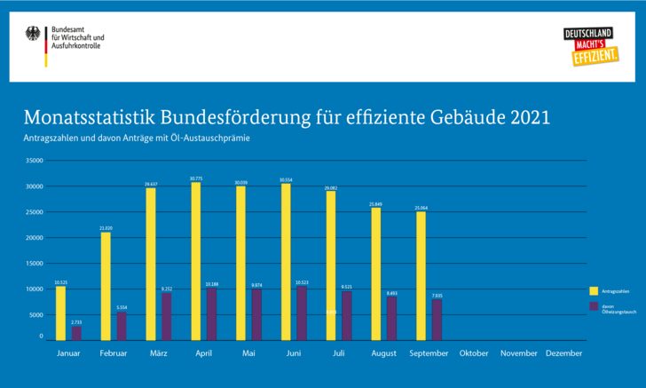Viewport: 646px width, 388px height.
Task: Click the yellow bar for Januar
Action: (60, 313)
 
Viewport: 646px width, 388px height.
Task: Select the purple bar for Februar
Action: (122, 326)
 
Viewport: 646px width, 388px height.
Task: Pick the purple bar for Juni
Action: (302, 313)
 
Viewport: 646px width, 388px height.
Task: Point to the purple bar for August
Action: (391, 319)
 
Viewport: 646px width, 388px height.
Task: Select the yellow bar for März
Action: (151, 264)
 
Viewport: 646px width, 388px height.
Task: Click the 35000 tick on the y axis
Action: (34, 161)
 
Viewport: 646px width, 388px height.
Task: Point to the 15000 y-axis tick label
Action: (34, 264)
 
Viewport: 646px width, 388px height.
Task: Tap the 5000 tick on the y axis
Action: (35, 315)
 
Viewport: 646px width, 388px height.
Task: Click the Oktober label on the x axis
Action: (474, 353)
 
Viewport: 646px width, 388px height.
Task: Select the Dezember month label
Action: (564, 353)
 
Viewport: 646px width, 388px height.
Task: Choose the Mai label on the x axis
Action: (248, 353)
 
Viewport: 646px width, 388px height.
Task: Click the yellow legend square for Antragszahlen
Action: (593, 290)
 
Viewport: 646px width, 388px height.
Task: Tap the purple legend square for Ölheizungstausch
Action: (593, 306)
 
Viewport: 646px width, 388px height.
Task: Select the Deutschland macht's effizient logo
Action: (588, 46)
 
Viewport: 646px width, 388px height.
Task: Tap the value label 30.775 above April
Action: (196, 178)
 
